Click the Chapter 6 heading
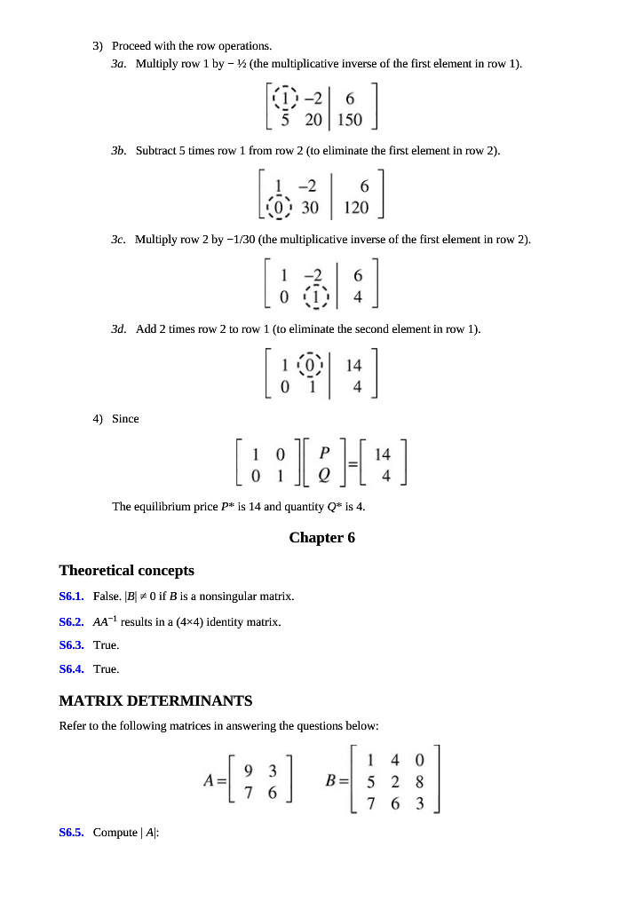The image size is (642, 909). coord(321,538)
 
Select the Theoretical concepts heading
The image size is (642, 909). coord(126,570)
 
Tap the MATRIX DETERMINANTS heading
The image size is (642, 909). coord(155,701)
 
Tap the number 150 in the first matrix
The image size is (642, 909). coord(350,120)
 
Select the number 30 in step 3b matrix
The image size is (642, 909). coord(310,208)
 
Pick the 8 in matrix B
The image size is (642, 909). coord(418,782)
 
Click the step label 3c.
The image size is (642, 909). coord(119,241)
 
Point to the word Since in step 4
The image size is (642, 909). coord(125,419)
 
